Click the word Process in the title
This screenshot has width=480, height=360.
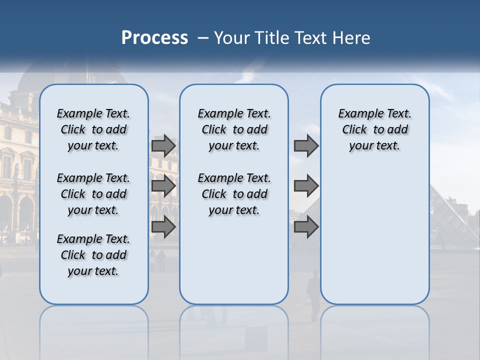(154, 37)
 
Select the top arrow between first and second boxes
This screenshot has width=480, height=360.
(163, 146)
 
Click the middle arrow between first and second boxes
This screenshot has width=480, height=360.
(163, 186)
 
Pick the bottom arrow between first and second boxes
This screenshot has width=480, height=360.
(163, 227)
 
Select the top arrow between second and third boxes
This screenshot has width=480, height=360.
(306, 146)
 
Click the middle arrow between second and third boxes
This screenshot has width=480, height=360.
(306, 186)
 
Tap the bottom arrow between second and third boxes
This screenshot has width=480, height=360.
(306, 227)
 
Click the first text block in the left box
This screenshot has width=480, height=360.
(93, 129)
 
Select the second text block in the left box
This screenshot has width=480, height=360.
(93, 194)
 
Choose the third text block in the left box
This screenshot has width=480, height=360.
(93, 255)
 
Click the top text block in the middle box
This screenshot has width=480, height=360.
(234, 129)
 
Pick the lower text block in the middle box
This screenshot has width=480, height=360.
(234, 194)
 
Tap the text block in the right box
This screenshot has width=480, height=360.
(374, 129)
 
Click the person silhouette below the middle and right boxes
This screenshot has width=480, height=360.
(313, 295)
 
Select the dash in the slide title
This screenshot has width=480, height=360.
(202, 38)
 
